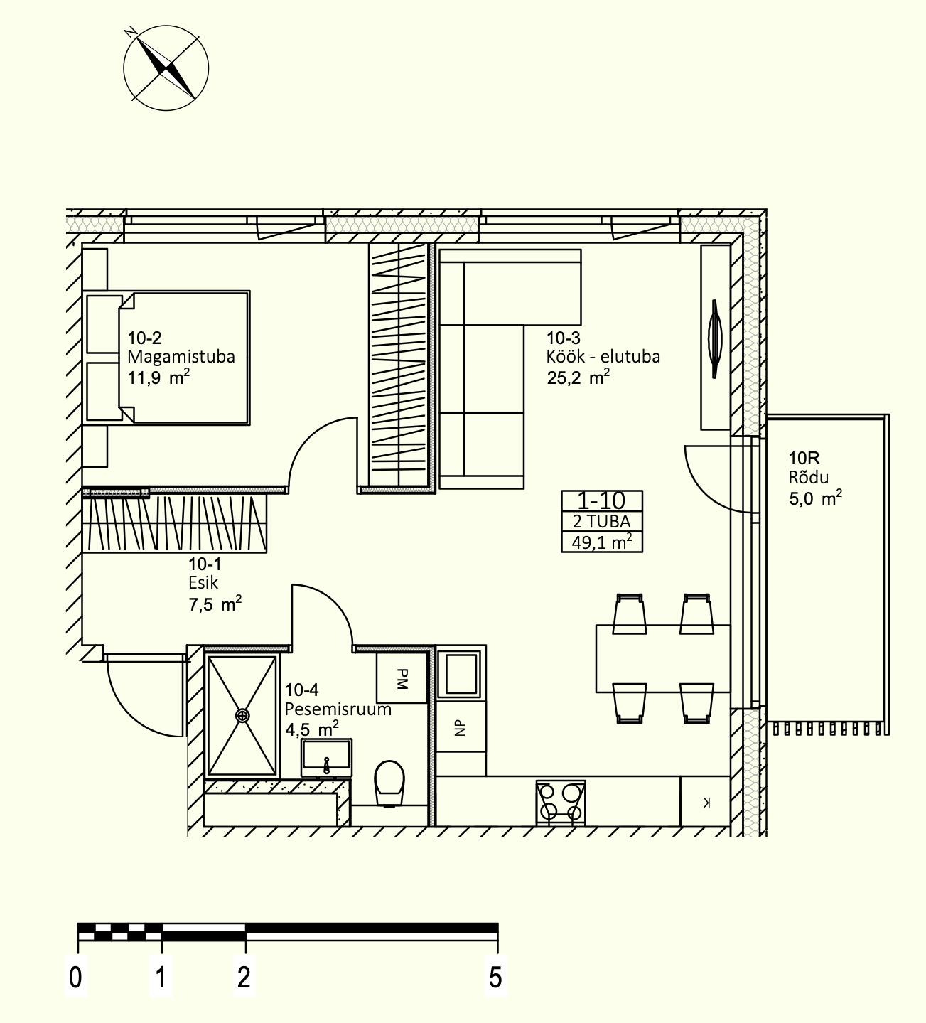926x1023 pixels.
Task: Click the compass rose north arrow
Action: pos(166,68)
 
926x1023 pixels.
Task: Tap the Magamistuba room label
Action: pos(181,356)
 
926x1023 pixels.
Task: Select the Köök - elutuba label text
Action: pos(603,356)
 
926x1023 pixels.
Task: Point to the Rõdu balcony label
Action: pos(809,477)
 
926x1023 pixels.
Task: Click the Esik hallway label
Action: pos(203,582)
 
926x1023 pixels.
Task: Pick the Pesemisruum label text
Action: pos(338,709)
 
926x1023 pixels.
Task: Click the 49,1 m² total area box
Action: pos(602,542)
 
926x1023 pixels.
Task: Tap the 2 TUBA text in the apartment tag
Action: pos(602,522)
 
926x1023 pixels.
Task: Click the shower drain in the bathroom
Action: pos(243,716)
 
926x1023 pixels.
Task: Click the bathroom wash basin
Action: pos(326,758)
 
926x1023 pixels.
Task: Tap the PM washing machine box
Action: pos(402,679)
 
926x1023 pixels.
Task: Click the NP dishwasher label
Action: pos(460,728)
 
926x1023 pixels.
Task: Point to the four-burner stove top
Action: pos(561,803)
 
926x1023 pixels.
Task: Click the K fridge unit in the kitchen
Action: pos(706,802)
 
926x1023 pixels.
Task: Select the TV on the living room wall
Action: pos(715,338)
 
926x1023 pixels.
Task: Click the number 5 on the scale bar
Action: pos(495,978)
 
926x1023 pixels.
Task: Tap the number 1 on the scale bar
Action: pos(161,978)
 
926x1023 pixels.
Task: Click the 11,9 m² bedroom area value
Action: pos(158,378)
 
